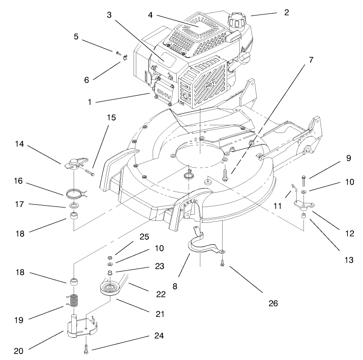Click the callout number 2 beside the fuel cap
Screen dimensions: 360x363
tap(286, 12)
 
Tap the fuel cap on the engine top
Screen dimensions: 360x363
tap(236, 20)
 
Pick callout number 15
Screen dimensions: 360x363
tap(111, 118)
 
